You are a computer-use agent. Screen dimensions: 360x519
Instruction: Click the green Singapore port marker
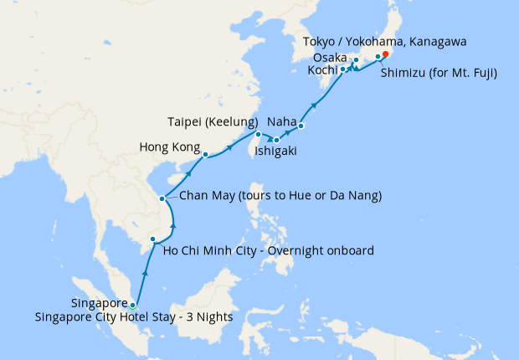[132, 305]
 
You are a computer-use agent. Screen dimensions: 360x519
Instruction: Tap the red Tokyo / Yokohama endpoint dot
[385, 56]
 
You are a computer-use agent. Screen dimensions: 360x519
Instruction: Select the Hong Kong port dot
[205, 155]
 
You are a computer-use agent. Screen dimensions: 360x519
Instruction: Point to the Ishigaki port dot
[275, 140]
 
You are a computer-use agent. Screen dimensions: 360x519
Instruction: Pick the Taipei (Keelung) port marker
[258, 134]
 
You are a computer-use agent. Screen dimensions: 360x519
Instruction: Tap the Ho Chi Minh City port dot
[152, 239]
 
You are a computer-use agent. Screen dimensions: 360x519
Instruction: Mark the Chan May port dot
[162, 198]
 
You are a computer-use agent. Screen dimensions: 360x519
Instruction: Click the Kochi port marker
[343, 69]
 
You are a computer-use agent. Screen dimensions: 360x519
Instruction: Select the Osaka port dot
[356, 59]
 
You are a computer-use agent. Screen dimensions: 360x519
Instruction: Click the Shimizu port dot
[378, 57]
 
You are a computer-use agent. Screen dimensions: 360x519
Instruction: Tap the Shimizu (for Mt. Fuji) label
[439, 74]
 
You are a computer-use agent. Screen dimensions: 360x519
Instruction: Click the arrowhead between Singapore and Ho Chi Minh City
[145, 272]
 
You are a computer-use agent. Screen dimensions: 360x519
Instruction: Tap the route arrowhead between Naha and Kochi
[316, 105]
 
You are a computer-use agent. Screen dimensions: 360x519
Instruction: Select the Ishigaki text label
[271, 152]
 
